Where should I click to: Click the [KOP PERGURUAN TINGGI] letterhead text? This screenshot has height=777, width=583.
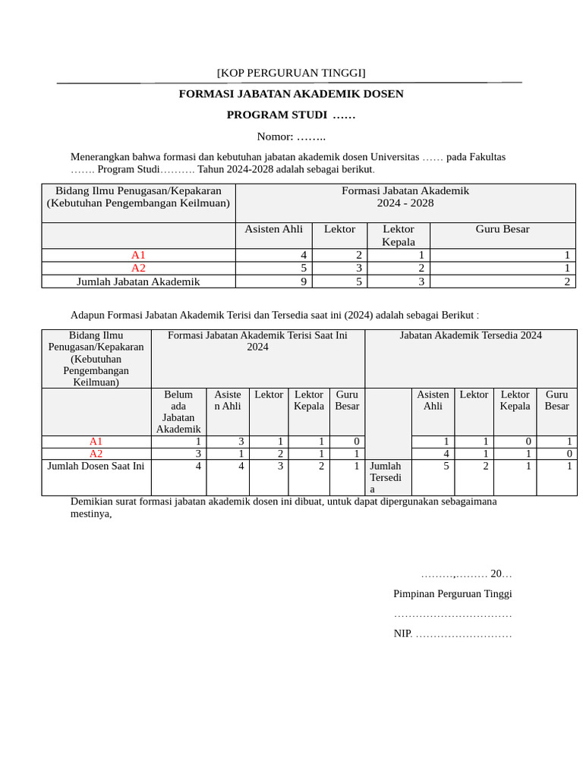[291, 73]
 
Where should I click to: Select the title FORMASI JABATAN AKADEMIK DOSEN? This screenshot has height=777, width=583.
[291, 94]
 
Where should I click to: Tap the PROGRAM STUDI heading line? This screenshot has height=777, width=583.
[291, 115]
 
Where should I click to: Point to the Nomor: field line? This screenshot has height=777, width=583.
[291, 137]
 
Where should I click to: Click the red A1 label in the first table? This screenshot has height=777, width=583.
[138, 255]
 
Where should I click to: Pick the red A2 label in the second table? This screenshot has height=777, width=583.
[96, 454]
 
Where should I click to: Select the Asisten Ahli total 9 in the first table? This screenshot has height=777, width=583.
[303, 282]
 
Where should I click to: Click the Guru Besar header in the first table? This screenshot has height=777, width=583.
[502, 229]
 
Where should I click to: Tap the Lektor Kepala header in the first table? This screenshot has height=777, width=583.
[398, 235]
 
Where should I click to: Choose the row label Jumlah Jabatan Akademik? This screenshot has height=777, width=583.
[138, 282]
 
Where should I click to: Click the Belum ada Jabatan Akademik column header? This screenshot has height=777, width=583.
[178, 412]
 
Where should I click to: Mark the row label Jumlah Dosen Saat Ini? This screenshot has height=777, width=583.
[96, 466]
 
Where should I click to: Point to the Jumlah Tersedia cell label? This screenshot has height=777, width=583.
[385, 477]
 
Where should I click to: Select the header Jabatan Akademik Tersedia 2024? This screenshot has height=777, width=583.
[471, 335]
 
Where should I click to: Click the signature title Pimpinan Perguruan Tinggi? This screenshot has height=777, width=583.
[452, 593]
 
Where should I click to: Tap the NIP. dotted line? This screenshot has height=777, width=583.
[452, 634]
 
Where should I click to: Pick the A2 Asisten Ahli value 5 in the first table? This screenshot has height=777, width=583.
[303, 268]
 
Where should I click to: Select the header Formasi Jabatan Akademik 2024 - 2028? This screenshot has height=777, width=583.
[405, 197]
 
